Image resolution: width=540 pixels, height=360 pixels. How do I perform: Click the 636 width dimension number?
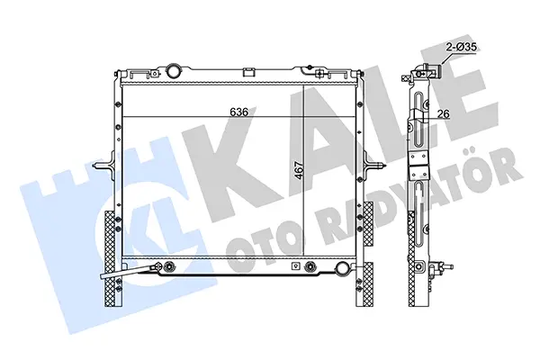(239, 112)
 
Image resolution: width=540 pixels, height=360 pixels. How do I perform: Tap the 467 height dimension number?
(300, 170)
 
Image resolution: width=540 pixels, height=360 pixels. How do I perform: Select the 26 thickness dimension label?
(444, 113)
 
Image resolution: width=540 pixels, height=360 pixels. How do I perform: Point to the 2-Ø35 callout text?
(462, 47)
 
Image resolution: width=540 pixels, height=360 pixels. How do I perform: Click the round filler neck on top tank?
(174, 71)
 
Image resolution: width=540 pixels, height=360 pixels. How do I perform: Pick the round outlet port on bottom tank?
(343, 267)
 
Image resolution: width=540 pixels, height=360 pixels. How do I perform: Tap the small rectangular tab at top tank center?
(248, 72)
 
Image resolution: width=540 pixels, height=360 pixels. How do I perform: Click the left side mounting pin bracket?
(104, 165)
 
